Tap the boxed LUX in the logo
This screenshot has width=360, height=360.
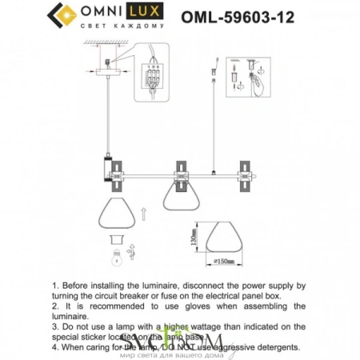(147, 13)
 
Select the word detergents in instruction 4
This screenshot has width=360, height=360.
(273, 347)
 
